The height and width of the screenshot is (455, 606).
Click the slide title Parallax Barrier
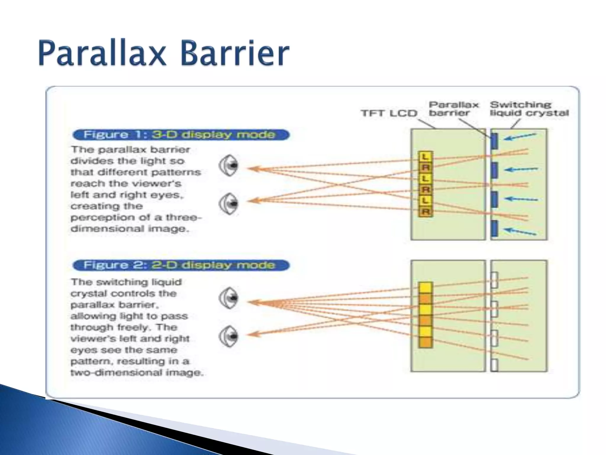(164, 53)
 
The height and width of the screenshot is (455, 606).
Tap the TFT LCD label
(389, 113)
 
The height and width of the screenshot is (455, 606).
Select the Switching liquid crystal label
(529, 109)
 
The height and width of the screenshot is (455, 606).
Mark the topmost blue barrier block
(494, 141)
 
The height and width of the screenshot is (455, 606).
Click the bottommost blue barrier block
(494, 228)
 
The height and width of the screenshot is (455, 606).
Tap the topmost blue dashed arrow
(521, 137)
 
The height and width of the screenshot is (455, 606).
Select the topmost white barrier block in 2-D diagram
(494, 280)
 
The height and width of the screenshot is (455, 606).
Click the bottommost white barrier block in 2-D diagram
(494, 365)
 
